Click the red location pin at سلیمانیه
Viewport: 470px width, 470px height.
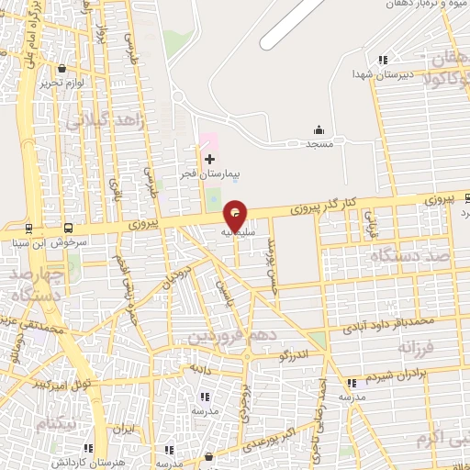[236, 214]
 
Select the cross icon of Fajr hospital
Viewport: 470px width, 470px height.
[209, 160]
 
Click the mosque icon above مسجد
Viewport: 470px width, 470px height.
[319, 129]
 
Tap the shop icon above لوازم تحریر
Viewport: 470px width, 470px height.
[62, 68]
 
